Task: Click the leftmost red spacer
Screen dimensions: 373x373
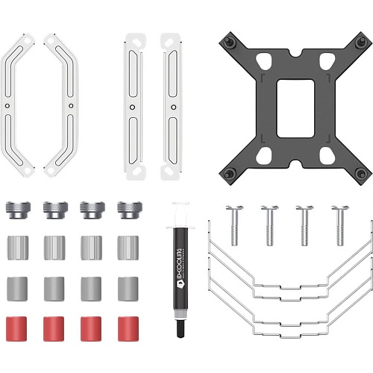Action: [x=16, y=329]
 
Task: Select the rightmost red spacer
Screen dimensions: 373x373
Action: [x=128, y=329]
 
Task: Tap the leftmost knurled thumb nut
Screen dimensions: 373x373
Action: [x=18, y=210]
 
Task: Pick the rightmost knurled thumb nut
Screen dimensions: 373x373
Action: [x=130, y=210]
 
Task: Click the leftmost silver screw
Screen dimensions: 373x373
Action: [x=234, y=225]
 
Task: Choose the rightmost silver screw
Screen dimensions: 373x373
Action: [x=340, y=225]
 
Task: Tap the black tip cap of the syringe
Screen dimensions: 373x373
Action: [x=181, y=328]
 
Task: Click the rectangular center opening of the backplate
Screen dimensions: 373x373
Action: [x=295, y=108]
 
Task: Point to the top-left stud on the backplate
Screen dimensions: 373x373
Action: [x=229, y=42]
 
